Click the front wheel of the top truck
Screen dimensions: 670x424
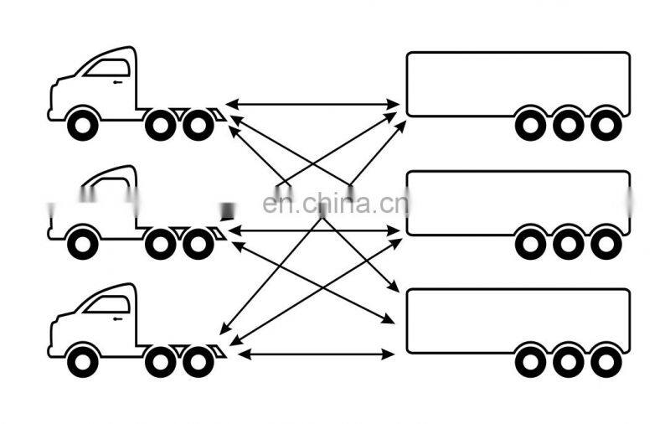tap(82, 125)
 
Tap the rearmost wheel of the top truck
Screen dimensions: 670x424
tap(198, 125)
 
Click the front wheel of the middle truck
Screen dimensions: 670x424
tap(82, 244)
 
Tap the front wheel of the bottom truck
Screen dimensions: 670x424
tap(82, 361)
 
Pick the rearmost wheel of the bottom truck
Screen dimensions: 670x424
tap(198, 361)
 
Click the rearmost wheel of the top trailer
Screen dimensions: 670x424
tap(606, 125)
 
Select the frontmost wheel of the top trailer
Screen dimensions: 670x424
tap(530, 125)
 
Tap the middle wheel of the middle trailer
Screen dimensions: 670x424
tap(568, 244)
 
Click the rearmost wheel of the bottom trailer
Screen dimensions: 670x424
tap(606, 361)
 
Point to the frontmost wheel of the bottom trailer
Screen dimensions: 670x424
tap(530, 361)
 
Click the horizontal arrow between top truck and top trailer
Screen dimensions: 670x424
tap(313, 104)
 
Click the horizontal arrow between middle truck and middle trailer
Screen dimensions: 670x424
tap(313, 229)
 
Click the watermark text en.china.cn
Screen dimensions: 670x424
tap(335, 204)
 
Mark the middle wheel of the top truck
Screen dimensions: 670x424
tap(159, 125)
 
